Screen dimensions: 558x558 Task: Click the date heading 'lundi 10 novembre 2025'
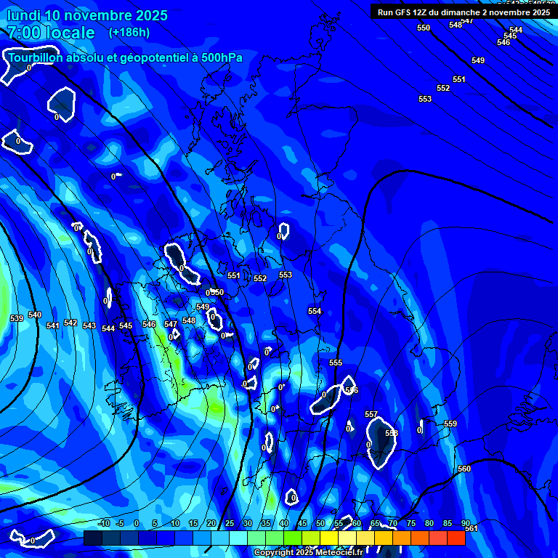[87, 15]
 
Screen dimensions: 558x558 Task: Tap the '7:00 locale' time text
[51, 33]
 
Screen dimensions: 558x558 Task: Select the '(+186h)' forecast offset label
[129, 33]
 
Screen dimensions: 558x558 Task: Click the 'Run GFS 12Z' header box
[464, 12]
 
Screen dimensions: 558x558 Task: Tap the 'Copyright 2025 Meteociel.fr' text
[308, 553]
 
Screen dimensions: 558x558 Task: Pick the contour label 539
[17, 318]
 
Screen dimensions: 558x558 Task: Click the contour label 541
[53, 325]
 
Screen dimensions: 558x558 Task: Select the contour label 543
[89, 325]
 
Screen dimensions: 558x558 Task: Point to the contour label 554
[315, 311]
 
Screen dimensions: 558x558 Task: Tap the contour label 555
[336, 363]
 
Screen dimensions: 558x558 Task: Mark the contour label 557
[371, 414]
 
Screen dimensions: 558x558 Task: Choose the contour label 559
[450, 424]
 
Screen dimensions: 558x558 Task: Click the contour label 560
[464, 469]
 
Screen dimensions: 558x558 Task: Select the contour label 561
[472, 528]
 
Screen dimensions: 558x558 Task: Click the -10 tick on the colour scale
[103, 523]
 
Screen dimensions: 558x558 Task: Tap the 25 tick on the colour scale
[230, 523]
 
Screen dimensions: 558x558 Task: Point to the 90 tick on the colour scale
[466, 523]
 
